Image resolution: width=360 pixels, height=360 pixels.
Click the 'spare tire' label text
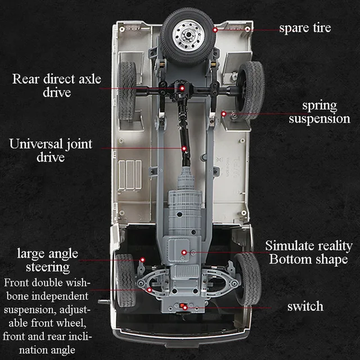click(x=305, y=28)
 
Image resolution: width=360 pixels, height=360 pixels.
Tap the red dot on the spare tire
click(x=215, y=30)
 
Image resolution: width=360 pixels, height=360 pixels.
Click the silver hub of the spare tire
click(x=188, y=35)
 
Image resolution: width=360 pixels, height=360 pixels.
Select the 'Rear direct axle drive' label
click(x=56, y=85)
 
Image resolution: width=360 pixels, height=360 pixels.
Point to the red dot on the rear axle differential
click(x=182, y=88)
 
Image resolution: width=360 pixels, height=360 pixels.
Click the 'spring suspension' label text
click(x=319, y=112)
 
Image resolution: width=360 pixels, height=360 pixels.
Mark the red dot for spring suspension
click(x=224, y=114)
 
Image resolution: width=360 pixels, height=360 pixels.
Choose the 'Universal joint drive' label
click(x=51, y=150)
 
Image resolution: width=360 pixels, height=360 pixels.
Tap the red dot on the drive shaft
click(x=184, y=148)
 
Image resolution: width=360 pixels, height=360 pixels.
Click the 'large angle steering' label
click(x=47, y=260)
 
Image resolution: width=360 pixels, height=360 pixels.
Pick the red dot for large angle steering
click(x=142, y=260)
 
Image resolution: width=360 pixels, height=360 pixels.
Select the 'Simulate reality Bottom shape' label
click(x=309, y=253)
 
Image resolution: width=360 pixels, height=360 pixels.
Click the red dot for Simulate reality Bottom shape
click(x=184, y=253)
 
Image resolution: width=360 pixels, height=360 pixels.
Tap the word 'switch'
click(x=305, y=306)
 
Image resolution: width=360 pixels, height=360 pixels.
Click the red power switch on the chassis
click(x=182, y=305)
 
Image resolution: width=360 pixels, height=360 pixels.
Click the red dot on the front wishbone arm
click(x=150, y=290)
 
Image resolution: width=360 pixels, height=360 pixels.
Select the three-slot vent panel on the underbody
click(x=130, y=175)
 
